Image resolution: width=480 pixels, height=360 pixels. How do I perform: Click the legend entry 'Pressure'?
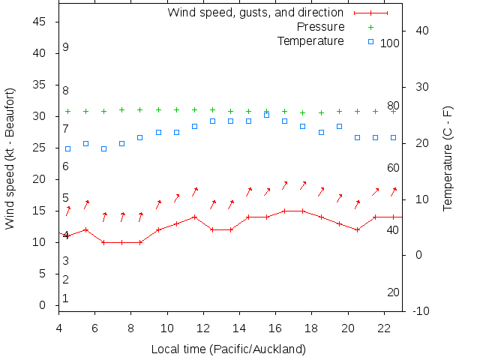[x=320, y=27]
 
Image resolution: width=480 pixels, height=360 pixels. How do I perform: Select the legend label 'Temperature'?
[x=310, y=40]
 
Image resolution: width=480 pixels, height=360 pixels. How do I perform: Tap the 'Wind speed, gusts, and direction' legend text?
[x=255, y=13]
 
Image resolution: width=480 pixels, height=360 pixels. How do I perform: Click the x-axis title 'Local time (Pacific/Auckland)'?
[x=229, y=349]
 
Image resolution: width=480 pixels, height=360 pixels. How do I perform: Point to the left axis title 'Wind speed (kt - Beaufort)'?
[x=10, y=158]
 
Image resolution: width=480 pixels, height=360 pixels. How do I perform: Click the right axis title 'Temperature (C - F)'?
[x=448, y=158]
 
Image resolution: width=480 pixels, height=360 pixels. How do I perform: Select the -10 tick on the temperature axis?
[x=421, y=311]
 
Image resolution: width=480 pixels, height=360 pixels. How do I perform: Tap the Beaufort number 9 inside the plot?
[x=66, y=47]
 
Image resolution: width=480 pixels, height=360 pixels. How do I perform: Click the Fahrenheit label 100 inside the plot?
[x=389, y=43]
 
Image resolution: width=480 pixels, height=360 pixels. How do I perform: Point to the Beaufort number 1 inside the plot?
[x=66, y=298]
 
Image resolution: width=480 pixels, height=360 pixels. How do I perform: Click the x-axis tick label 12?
[x=204, y=328]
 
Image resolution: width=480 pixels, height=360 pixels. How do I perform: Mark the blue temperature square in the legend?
[x=370, y=41]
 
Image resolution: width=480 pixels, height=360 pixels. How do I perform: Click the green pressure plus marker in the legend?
[x=370, y=27]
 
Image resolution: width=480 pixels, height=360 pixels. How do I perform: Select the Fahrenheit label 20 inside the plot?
[x=393, y=292]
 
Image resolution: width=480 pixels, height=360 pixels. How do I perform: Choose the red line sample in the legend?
[x=370, y=13]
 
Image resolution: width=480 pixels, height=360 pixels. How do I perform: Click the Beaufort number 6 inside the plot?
[x=66, y=166]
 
